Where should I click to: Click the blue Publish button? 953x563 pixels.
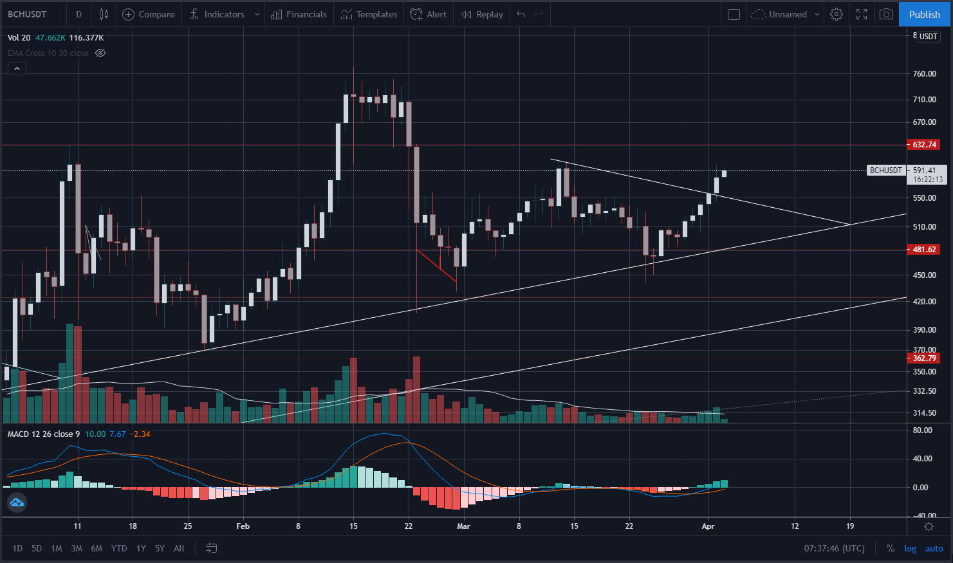(x=925, y=14)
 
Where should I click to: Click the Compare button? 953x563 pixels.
(x=149, y=14)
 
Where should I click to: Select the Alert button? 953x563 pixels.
(x=429, y=14)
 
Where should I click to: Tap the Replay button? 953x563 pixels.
(x=482, y=14)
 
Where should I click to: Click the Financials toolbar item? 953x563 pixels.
(x=299, y=14)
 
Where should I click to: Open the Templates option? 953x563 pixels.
(x=369, y=14)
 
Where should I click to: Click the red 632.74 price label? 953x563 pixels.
(x=923, y=145)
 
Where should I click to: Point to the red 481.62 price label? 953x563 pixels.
(x=923, y=250)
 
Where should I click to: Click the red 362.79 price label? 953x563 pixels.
(x=923, y=358)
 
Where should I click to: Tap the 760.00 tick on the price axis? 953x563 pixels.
(x=925, y=73)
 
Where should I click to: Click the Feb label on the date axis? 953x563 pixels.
(x=243, y=526)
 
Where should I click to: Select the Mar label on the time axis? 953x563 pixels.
(x=463, y=526)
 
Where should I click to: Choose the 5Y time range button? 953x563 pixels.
(x=160, y=549)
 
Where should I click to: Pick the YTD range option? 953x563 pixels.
(x=118, y=549)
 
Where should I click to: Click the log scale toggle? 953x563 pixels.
(x=910, y=549)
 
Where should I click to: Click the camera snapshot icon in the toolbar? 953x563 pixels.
(x=886, y=14)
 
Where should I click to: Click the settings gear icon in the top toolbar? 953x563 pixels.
(x=836, y=14)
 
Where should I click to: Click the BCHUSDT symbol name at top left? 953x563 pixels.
(x=27, y=14)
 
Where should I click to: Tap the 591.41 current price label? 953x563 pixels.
(x=925, y=171)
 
